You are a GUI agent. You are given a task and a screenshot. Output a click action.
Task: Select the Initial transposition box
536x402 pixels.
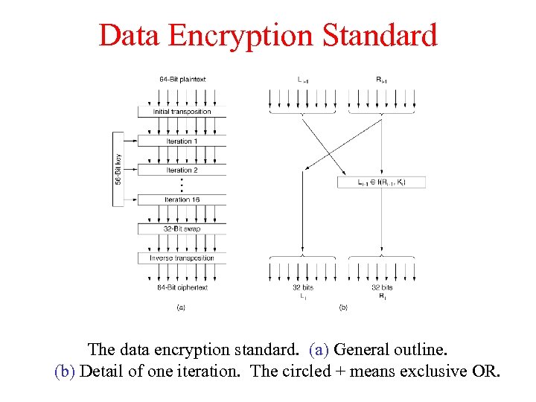coord(182,112)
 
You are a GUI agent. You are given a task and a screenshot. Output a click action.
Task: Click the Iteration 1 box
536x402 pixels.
coord(182,141)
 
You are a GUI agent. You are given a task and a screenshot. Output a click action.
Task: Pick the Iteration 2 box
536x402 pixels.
coord(182,170)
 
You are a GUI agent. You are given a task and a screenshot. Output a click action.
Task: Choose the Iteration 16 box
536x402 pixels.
coord(182,200)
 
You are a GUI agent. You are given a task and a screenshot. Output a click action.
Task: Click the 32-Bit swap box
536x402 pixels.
coord(182,229)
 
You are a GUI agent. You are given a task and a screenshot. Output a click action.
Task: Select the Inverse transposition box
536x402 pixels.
coord(182,258)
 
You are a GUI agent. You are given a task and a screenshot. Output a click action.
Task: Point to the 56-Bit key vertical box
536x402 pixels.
coord(118,169)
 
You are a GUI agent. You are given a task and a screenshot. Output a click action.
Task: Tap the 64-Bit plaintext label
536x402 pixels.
coord(182,79)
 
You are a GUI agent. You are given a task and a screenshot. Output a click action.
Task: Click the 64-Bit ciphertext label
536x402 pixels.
coord(182,287)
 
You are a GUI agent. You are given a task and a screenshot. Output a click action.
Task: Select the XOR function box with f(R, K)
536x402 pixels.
coord(382,182)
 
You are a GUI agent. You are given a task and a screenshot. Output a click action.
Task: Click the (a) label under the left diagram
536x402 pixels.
coord(181,306)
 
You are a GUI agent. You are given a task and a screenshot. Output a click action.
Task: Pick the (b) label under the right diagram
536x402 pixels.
coord(343,306)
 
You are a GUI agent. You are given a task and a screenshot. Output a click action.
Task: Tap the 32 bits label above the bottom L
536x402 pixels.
coord(301,287)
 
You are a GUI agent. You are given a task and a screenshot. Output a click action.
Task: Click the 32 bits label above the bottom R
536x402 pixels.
coord(382,287)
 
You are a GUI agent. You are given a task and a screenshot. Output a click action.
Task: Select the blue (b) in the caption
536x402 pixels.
coord(65,371)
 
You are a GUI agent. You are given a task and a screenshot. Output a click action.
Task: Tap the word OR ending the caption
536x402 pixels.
coord(487,371)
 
